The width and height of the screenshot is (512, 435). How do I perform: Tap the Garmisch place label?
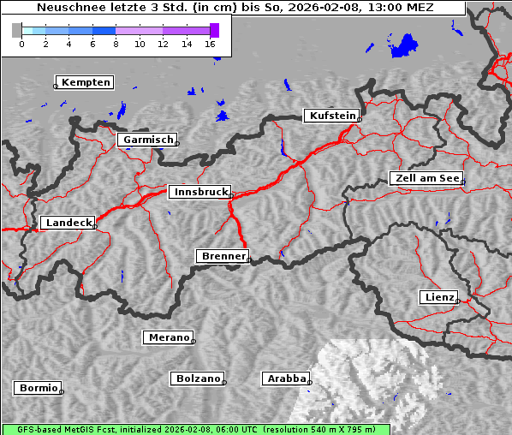(x=147, y=140)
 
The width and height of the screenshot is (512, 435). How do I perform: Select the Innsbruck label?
(x=199, y=192)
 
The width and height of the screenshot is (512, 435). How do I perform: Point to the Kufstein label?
(x=331, y=116)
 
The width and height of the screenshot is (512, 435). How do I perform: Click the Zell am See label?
(x=426, y=178)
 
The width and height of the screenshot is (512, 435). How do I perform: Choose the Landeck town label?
(x=68, y=223)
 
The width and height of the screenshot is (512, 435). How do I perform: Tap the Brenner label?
(x=223, y=256)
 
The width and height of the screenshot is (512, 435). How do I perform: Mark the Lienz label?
(x=439, y=297)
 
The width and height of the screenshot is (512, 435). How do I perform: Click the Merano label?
(x=168, y=337)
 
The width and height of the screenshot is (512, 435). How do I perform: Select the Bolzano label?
(x=198, y=378)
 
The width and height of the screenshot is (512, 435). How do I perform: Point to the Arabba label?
(x=285, y=378)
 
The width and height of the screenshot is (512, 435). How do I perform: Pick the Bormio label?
(x=38, y=388)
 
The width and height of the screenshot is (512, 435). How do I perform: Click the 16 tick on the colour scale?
(x=211, y=43)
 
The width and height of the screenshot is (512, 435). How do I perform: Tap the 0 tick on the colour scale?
(x=21, y=43)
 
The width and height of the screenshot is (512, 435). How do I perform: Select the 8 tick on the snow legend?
(x=116, y=43)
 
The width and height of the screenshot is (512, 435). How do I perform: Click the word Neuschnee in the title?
(x=65, y=8)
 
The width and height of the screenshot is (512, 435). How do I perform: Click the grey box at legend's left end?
(x=16, y=30)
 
